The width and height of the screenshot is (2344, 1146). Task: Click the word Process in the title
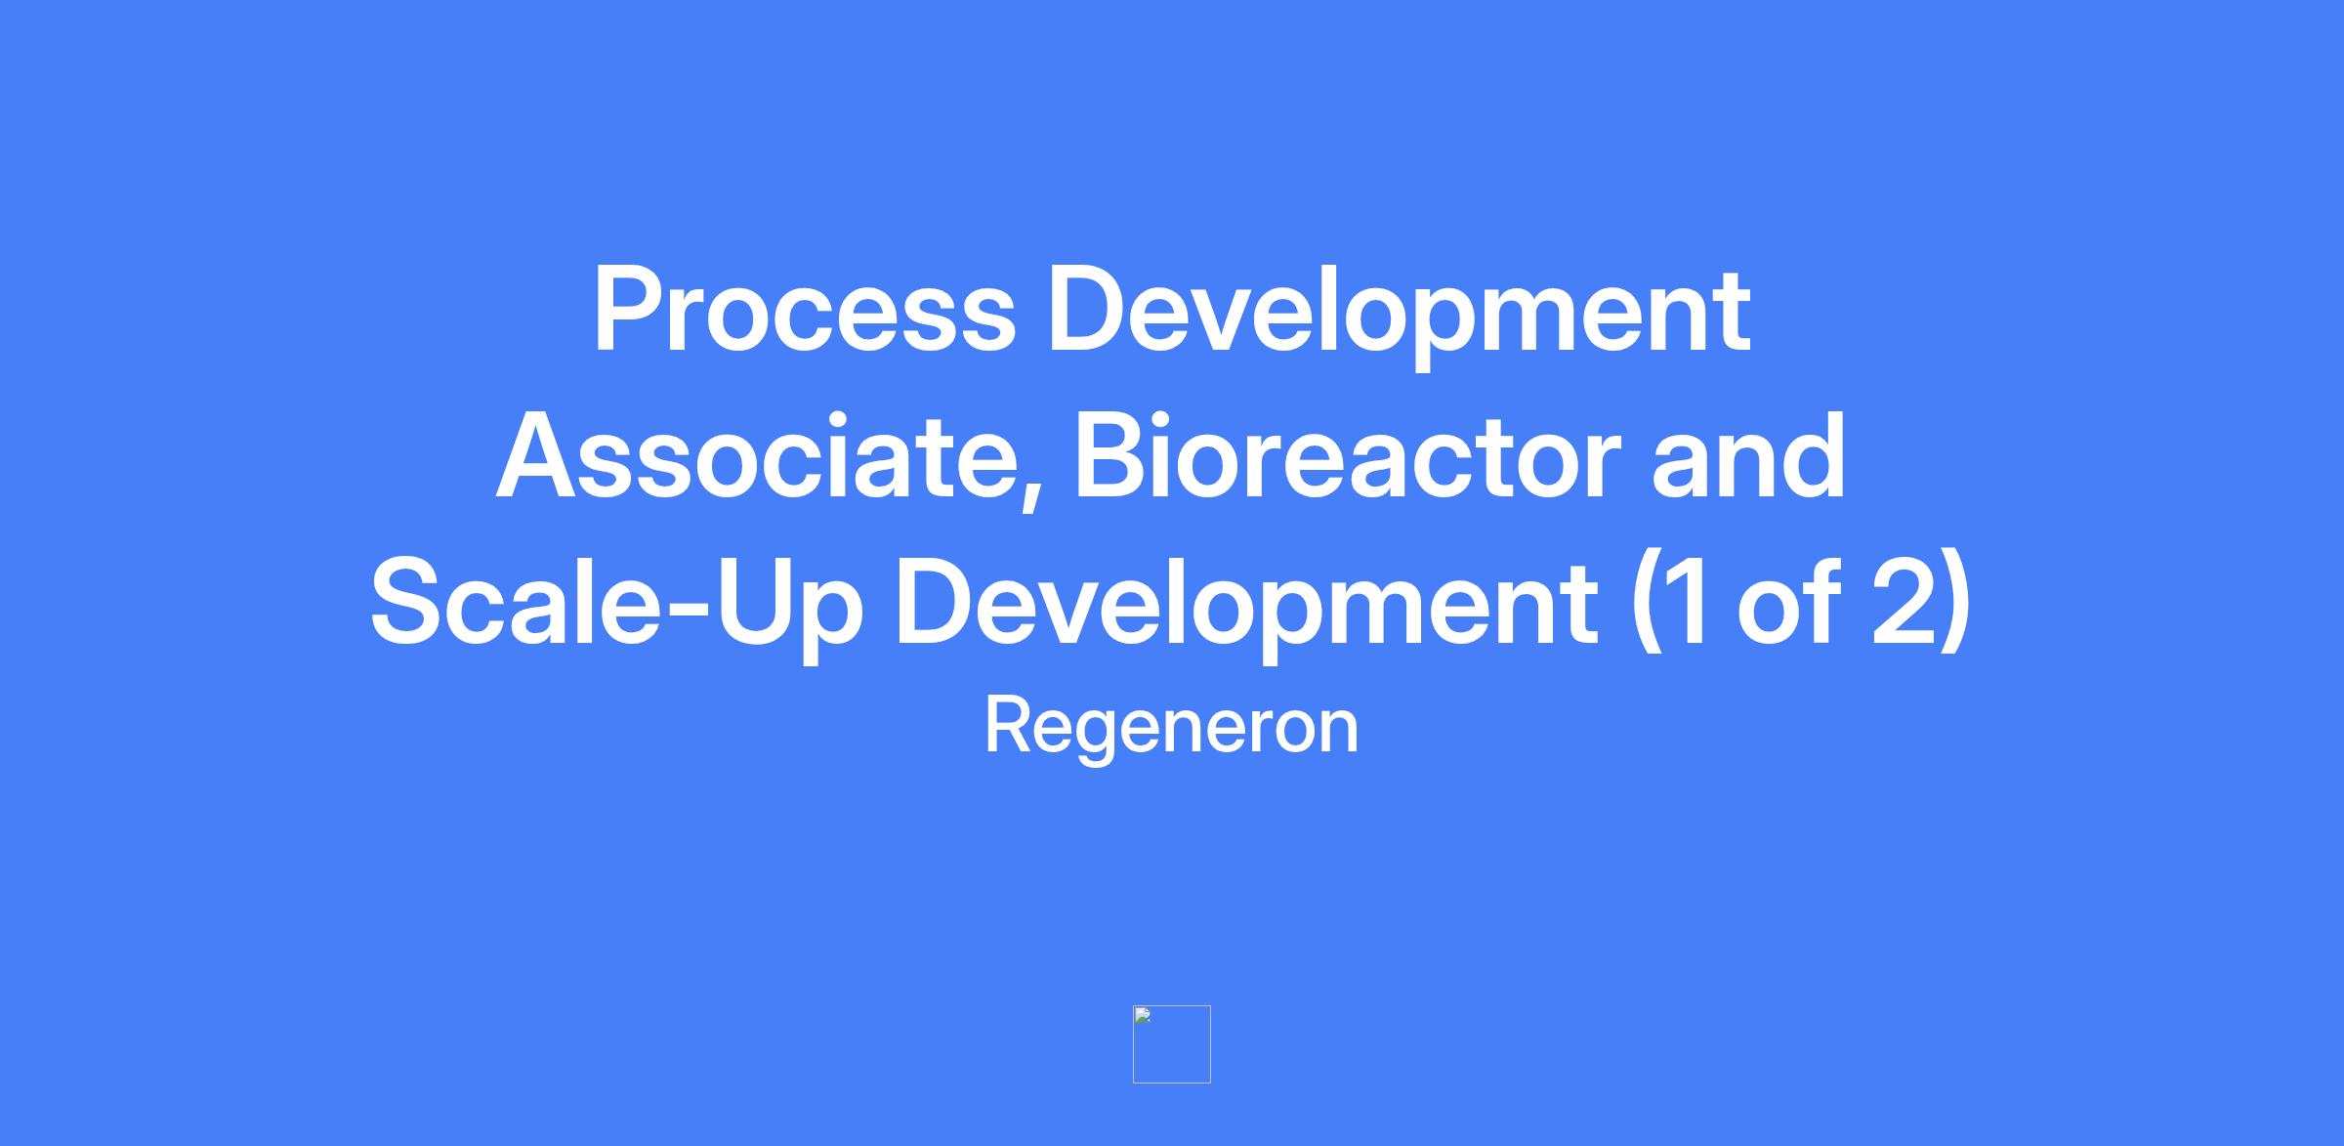click(x=805, y=310)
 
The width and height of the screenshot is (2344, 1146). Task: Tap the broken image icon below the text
click(x=1172, y=1044)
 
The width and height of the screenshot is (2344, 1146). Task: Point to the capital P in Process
click(x=630, y=310)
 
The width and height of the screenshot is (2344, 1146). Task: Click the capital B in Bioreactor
click(x=1114, y=456)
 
